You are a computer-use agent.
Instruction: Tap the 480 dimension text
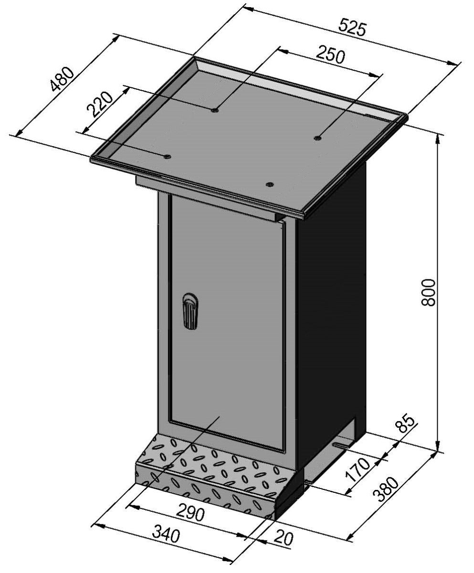pos(63,79)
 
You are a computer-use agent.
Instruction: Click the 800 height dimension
pos(429,292)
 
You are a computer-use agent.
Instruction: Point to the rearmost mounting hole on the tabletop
pos(214,110)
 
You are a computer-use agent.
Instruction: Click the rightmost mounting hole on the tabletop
pos(317,138)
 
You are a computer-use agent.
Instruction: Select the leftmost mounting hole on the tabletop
pos(167,156)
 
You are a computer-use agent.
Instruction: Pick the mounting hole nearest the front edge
pos(269,184)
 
